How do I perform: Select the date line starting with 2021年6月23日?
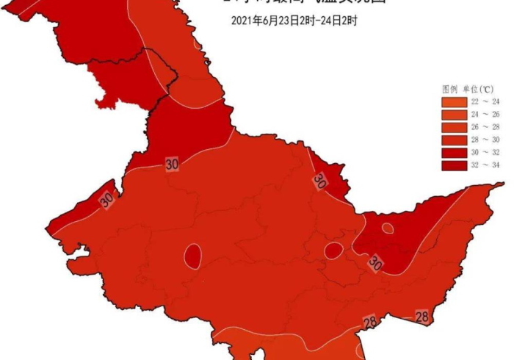point(294,21)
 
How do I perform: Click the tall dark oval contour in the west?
point(193,256)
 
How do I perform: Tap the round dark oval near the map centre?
point(333,251)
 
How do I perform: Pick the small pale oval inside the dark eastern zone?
point(387,228)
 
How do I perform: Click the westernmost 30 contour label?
point(106,199)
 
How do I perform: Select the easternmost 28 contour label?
point(422,317)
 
